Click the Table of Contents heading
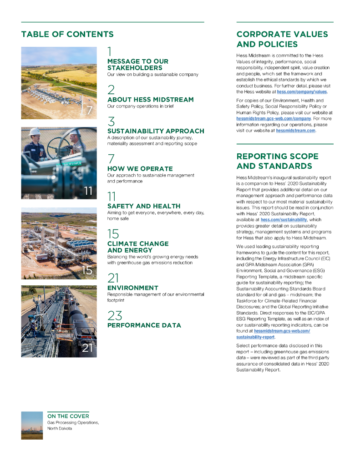(67, 35)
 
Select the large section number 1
(110, 51)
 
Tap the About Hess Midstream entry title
(150, 100)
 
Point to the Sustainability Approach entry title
(156, 131)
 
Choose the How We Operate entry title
(140, 169)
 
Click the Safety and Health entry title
(144, 206)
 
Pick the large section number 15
(113, 234)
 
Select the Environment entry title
(133, 288)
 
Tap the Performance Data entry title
(144, 325)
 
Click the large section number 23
(114, 315)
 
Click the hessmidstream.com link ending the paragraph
(295, 131)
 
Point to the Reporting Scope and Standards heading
(277, 161)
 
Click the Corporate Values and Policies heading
(282, 39)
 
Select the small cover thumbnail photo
(32, 425)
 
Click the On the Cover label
(68, 416)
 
